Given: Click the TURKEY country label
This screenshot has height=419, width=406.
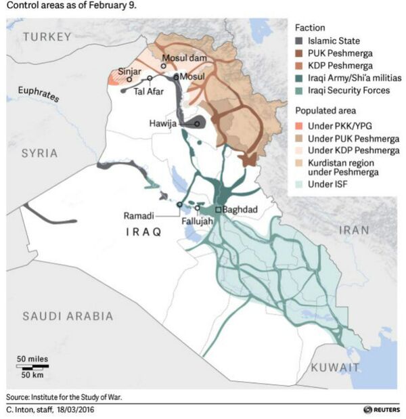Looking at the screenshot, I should pyautogui.click(x=47, y=39).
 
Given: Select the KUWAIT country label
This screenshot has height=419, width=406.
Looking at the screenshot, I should pyautogui.click(x=334, y=368).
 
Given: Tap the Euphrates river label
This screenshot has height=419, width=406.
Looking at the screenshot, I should pyautogui.click(x=38, y=94).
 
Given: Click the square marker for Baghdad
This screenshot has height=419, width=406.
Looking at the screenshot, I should pyautogui.click(x=218, y=209).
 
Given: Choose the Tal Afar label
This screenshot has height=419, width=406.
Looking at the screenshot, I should pyautogui.click(x=150, y=91).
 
